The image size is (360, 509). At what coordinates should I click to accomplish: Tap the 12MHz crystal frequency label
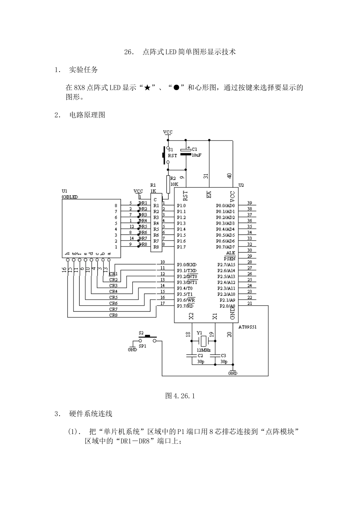pos(204,350)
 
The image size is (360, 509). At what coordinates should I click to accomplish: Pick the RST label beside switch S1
pos(172,156)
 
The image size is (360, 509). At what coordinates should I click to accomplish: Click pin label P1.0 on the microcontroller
pos(181,206)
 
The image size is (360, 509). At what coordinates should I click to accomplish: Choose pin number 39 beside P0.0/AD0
pos(249,203)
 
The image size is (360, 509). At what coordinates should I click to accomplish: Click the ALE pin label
pos(230,253)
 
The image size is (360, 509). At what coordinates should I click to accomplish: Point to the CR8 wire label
pos(113,315)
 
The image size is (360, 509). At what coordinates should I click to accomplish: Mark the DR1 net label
pos(143,203)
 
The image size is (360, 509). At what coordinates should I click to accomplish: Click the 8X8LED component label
pos(70,197)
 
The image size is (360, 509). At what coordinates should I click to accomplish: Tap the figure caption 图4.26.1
pos(180,396)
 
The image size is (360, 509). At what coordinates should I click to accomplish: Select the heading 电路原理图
pos(87,115)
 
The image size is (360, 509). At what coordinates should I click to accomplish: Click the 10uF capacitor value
pos(196,155)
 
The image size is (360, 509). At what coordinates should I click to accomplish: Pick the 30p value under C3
pos(224,362)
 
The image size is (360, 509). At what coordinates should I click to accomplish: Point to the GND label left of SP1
pos(132,350)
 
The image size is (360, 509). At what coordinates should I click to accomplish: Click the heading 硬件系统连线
pos(91,414)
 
